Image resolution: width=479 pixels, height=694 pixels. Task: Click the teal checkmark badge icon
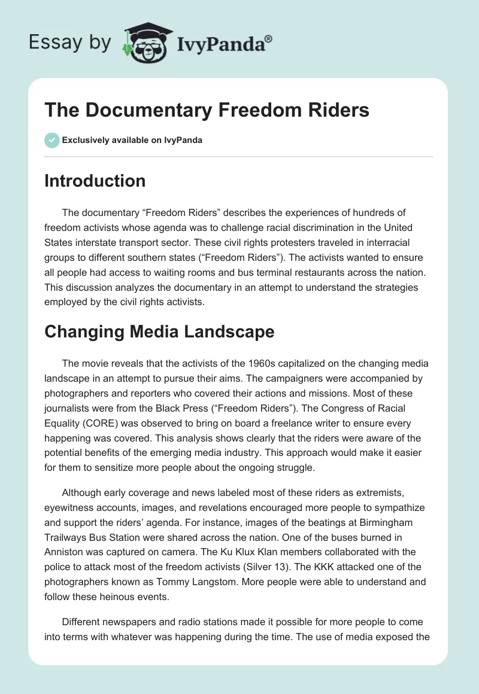tap(51, 140)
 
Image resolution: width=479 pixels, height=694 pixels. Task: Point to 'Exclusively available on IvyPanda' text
tap(132, 141)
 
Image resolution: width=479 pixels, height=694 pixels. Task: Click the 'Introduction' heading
tap(95, 181)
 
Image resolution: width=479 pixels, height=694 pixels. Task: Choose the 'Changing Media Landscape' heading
tap(159, 332)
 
